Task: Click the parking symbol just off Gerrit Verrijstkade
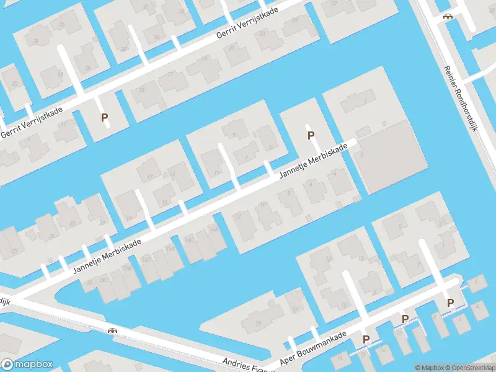(105, 117)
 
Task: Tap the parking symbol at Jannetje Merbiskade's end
(311, 135)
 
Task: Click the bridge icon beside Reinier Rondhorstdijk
(446, 17)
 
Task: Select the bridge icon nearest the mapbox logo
(113, 330)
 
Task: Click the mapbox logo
(27, 364)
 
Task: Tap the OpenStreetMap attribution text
(469, 368)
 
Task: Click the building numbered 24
(36, 42)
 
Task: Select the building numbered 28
(87, 68)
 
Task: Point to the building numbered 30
(124, 50)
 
